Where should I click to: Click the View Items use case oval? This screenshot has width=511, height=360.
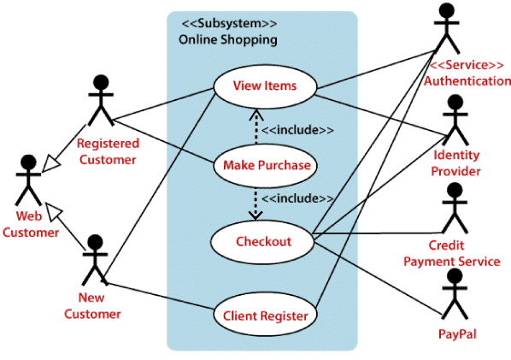(264, 86)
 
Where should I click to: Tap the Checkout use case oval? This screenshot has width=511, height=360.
(263, 241)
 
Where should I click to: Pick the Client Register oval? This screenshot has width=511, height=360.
(265, 316)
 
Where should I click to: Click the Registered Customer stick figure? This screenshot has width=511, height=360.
(102, 101)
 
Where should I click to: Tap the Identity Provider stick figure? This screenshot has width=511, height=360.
(455, 119)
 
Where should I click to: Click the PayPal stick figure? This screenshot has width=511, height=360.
(453, 291)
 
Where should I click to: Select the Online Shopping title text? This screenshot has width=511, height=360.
(227, 39)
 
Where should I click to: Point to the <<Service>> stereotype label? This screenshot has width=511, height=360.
(461, 65)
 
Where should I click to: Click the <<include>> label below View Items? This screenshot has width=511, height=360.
(297, 130)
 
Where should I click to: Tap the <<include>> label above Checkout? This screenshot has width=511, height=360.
(297, 198)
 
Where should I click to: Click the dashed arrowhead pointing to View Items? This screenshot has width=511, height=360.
(254, 113)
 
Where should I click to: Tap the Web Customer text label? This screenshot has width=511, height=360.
(30, 224)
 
